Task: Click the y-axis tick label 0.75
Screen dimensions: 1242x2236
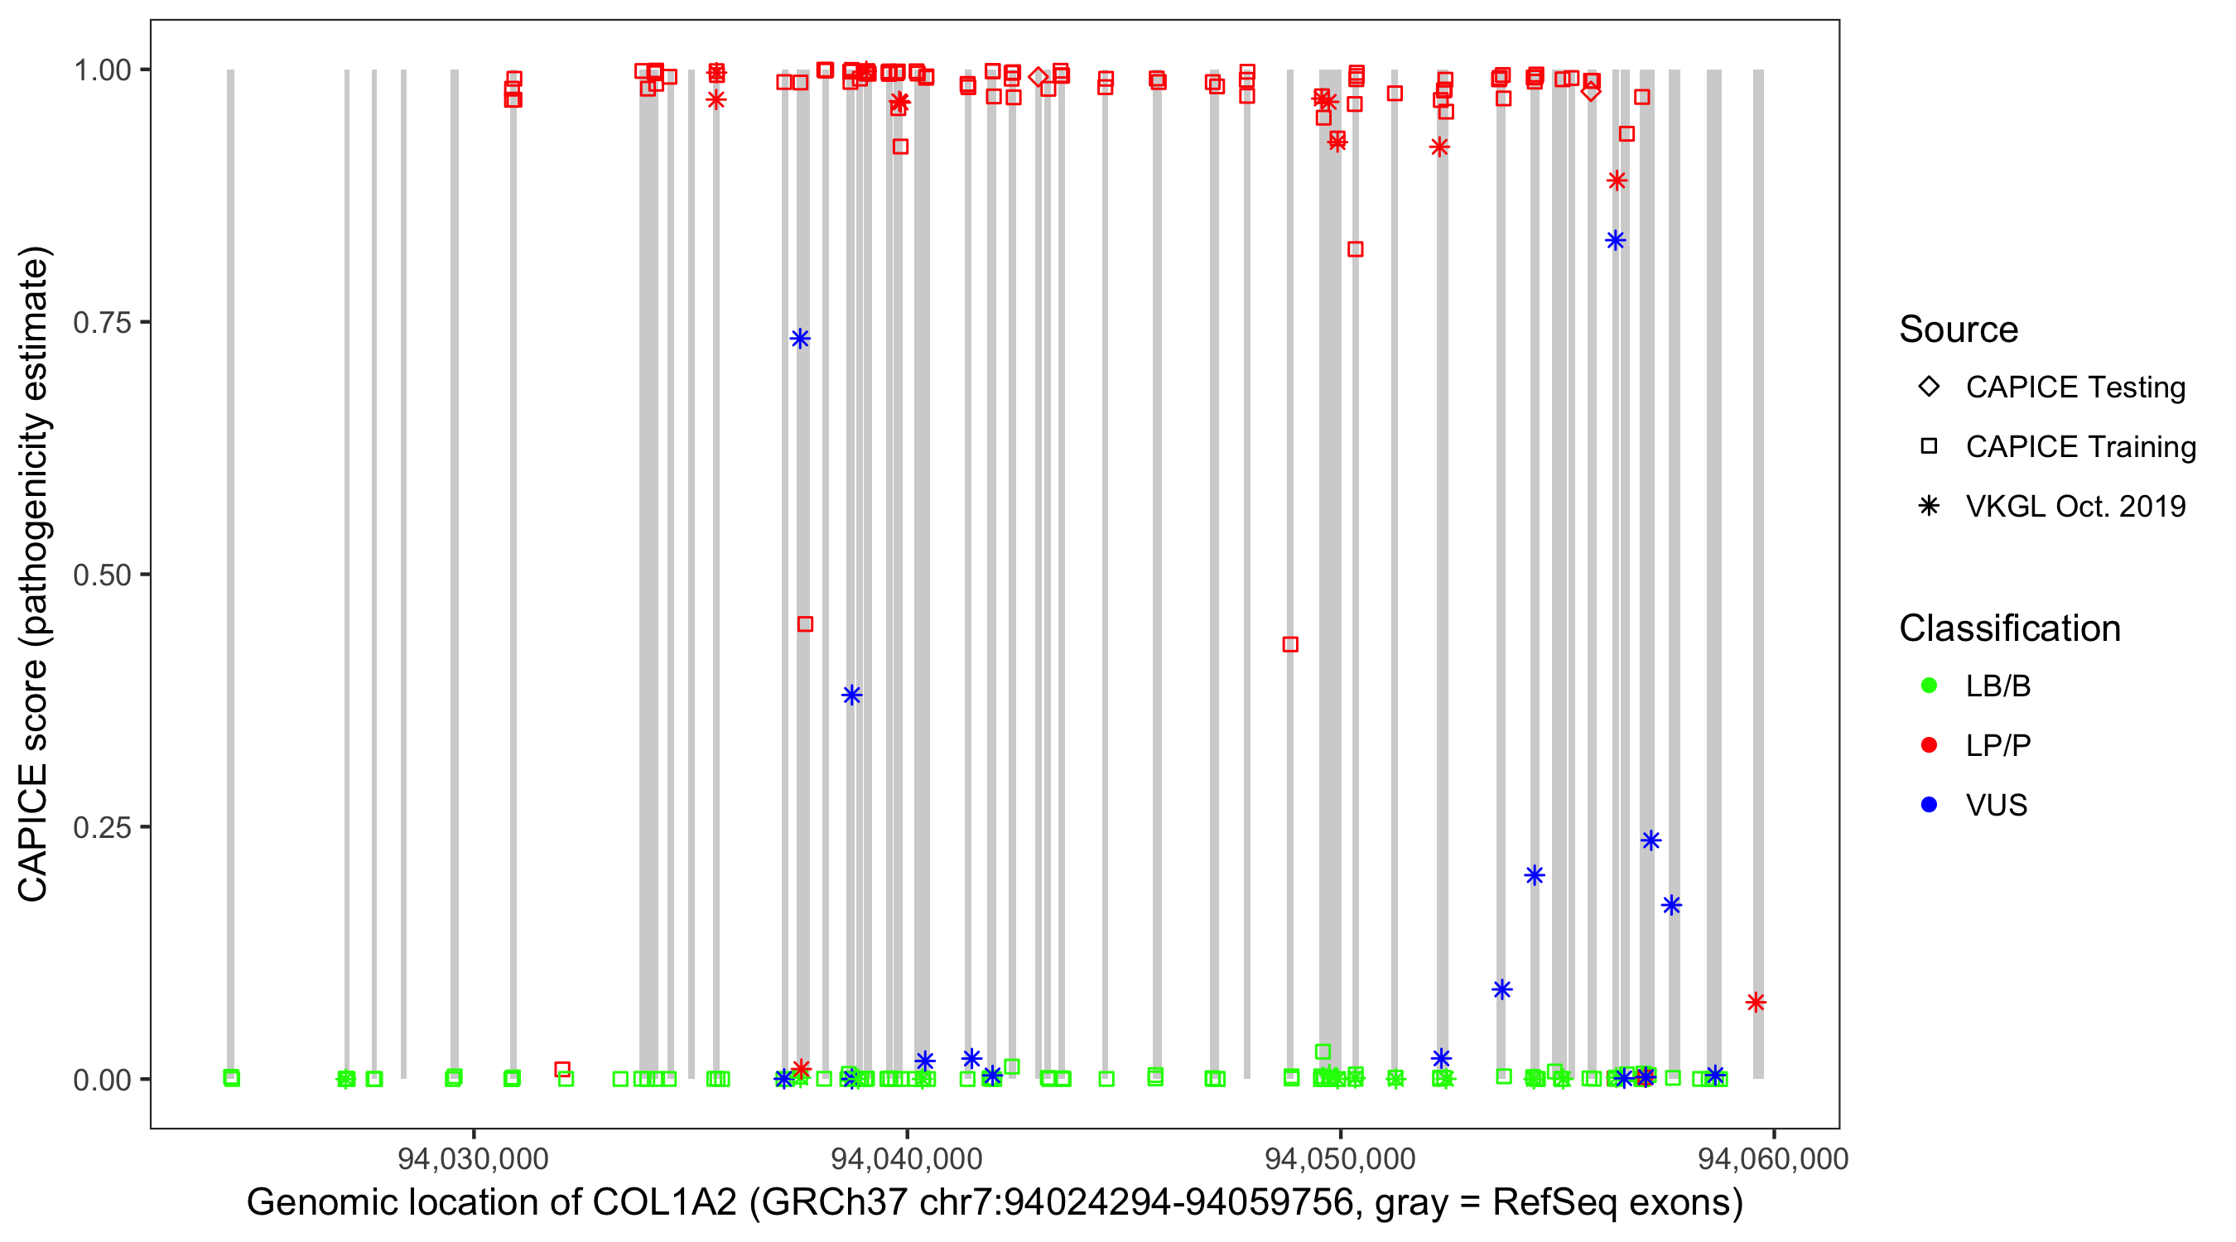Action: tap(101, 323)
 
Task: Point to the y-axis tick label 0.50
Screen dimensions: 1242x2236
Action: tap(101, 575)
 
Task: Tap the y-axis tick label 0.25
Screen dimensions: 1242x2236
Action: tap(101, 827)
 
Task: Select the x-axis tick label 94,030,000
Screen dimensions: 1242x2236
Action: tap(473, 1158)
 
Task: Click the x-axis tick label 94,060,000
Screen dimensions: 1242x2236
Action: tap(1772, 1158)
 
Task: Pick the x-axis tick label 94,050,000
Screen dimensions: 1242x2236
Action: tap(1339, 1158)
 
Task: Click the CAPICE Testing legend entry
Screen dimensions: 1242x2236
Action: tap(2075, 388)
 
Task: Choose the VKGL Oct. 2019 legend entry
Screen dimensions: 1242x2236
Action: tap(2075, 506)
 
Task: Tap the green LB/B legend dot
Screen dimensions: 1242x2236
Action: tap(1929, 686)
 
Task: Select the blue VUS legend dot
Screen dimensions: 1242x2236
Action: tap(1929, 805)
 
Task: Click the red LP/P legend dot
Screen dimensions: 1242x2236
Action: tap(1929, 745)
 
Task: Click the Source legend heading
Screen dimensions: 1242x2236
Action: tap(1959, 330)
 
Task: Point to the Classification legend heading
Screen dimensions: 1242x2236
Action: tap(2009, 628)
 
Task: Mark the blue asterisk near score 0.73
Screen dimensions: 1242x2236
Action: tap(800, 339)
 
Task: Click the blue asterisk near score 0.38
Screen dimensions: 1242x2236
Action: tap(851, 695)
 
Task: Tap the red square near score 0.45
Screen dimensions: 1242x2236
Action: tap(805, 624)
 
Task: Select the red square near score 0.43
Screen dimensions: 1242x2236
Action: tap(1290, 644)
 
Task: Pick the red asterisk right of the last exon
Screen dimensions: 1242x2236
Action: tap(1755, 1003)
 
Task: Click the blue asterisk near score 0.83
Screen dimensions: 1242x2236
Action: tap(1615, 240)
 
